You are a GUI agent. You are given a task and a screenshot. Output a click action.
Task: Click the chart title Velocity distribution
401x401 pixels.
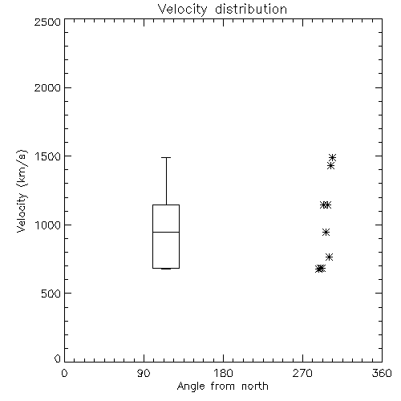222,9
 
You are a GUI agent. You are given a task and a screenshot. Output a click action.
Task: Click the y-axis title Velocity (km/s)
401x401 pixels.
22,191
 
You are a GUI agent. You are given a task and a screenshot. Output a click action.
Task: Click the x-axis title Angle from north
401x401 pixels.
222,387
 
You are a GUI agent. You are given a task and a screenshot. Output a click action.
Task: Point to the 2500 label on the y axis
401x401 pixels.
47,22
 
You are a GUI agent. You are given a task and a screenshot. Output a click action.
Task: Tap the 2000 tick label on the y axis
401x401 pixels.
47,87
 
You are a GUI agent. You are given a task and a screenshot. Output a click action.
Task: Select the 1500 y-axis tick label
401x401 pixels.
48,156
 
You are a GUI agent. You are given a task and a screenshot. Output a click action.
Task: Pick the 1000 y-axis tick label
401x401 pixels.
48,225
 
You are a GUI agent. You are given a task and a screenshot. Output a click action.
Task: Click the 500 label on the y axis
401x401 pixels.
51,294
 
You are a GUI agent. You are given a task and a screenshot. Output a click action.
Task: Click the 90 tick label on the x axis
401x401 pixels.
144,373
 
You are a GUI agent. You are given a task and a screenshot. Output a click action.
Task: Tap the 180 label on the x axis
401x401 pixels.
223,373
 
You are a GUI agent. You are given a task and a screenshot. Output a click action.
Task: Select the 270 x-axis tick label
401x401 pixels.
302,373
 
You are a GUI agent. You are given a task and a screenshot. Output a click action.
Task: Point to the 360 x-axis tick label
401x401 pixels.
382,373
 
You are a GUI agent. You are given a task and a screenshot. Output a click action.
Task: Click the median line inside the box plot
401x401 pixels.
166,232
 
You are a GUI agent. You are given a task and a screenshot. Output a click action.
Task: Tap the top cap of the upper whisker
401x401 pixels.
166,158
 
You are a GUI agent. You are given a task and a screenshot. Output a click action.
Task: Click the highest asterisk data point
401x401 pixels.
332,157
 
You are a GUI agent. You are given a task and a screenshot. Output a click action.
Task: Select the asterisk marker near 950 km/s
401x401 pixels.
326,232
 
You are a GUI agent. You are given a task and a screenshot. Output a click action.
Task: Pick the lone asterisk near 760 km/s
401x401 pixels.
329,257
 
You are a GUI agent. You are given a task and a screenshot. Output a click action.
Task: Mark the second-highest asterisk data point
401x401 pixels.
330,166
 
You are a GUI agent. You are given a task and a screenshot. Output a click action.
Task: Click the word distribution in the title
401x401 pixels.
251,9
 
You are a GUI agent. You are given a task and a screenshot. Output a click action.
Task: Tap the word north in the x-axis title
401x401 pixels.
255,387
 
